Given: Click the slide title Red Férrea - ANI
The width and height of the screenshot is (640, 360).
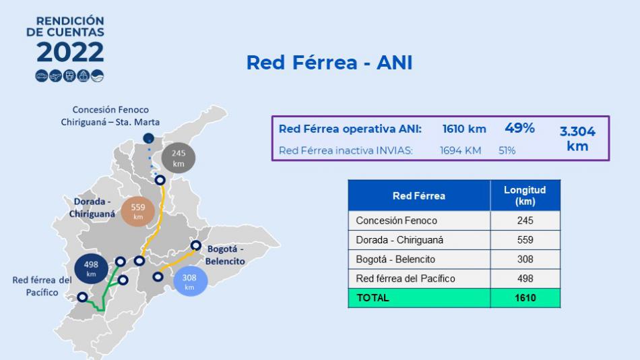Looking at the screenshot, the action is point(329,63).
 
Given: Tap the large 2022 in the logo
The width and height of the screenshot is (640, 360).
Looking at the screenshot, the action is point(70,52).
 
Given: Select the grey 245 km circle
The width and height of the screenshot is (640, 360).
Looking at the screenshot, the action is point(179,158).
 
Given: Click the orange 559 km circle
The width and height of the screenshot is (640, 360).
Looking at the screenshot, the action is point(138,211).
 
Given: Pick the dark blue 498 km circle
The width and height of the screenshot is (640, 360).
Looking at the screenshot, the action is point(91,269).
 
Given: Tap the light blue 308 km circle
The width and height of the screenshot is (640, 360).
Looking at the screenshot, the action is point(190,281).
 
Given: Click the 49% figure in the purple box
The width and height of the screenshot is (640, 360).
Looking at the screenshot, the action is point(519,128).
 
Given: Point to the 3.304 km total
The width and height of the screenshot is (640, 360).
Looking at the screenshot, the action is point(577,138).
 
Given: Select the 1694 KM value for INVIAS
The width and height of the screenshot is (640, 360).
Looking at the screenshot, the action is point(460,150).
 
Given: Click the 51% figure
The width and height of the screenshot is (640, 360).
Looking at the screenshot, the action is point(507,150).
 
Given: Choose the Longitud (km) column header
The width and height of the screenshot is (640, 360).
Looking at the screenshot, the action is point(525,196).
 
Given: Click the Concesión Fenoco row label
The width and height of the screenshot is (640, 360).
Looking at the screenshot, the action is point(396,220).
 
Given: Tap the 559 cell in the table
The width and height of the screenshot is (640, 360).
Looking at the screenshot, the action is point(525,240).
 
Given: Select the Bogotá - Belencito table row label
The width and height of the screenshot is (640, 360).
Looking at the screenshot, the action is point(395,259).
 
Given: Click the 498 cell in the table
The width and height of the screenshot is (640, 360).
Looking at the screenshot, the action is point(525,278).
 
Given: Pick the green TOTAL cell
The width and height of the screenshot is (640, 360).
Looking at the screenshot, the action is point(419,298).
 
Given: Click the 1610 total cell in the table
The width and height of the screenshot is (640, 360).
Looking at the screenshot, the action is point(525,298).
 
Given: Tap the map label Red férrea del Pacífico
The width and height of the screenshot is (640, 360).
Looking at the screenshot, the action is point(42,286).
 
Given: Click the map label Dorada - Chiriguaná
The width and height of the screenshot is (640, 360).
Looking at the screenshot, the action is point(92,208).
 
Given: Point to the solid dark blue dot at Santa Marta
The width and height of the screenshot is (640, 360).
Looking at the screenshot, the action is point(149,138).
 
